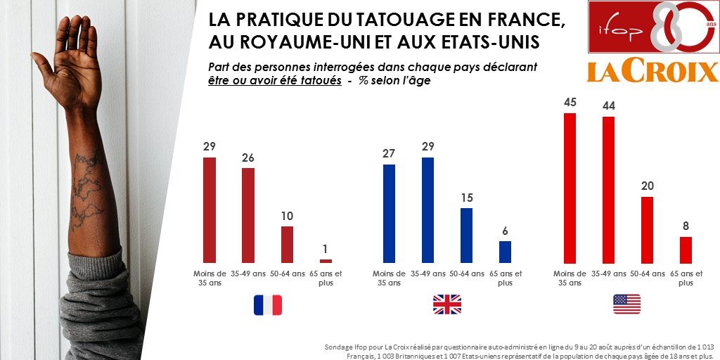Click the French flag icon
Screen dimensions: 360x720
click(x=268, y=304)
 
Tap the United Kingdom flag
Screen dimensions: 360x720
click(x=446, y=304)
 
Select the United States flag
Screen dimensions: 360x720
click(x=626, y=304)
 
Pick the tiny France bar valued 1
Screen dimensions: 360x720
click(x=326, y=261)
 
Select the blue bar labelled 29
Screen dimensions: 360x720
click(x=427, y=210)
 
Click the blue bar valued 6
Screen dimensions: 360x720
click(x=505, y=252)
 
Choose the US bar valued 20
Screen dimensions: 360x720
click(x=648, y=229)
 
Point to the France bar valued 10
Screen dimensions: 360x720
click(x=287, y=244)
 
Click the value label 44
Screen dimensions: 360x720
click(x=608, y=105)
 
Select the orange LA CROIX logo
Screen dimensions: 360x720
click(x=652, y=71)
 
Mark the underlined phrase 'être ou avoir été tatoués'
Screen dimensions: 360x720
click(x=273, y=81)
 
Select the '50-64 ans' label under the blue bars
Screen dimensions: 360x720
click(x=467, y=274)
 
